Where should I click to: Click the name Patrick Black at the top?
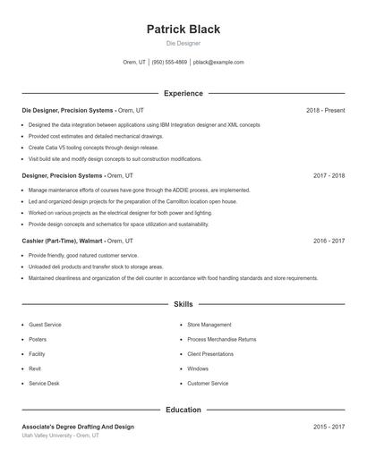(183, 29)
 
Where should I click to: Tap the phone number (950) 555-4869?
(169, 63)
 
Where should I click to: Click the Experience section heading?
(183, 93)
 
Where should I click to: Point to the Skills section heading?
(183, 304)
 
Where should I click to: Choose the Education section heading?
(183, 410)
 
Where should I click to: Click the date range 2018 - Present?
(325, 110)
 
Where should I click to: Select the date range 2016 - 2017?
(329, 241)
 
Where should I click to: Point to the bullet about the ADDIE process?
(139, 190)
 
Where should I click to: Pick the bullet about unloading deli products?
(96, 267)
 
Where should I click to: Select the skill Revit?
(35, 368)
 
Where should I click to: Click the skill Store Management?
(209, 325)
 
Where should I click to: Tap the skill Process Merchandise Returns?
(221, 340)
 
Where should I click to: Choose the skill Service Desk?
(44, 383)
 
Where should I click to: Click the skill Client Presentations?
(210, 354)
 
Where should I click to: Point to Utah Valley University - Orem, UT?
(61, 436)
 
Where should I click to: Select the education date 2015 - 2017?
(329, 427)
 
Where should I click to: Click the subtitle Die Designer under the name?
(183, 43)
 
